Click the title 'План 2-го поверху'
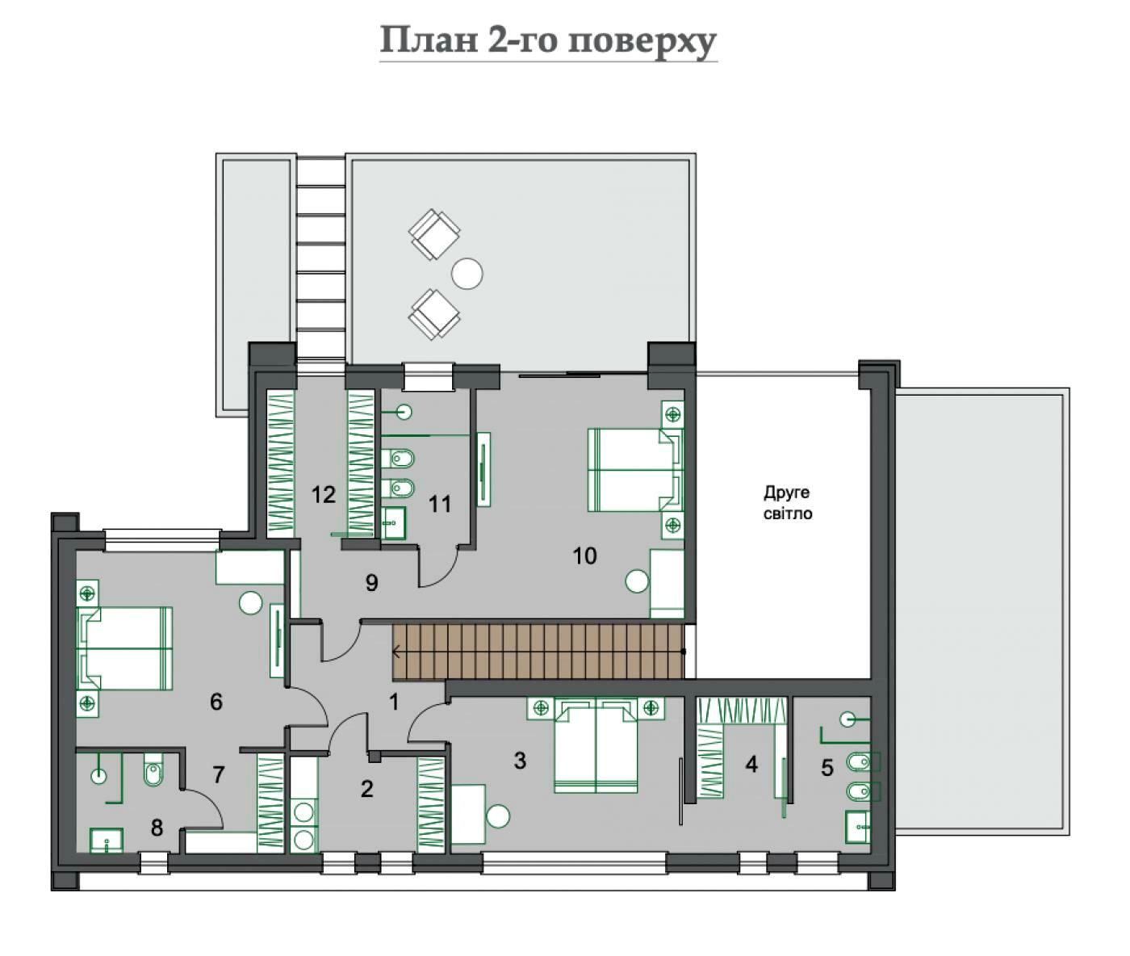(548, 41)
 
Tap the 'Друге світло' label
(787, 503)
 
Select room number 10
(584, 556)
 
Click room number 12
(323, 495)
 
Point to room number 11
(440, 505)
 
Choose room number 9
(372, 583)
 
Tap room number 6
(216, 702)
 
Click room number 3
(520, 761)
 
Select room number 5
(827, 768)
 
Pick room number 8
(157, 828)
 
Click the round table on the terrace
(467, 272)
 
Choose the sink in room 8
(107, 841)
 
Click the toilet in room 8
(153, 769)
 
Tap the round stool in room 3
(498, 816)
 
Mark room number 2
(366, 789)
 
